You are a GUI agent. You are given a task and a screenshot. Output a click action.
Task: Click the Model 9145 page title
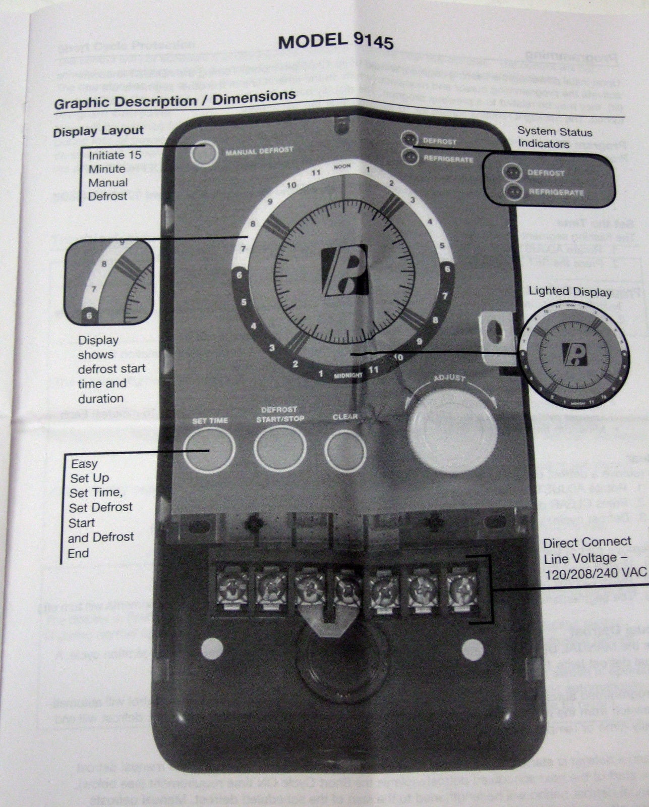[335, 40]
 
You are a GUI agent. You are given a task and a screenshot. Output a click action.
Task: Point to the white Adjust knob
[452, 427]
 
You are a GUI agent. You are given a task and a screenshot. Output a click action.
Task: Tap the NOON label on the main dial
[342, 167]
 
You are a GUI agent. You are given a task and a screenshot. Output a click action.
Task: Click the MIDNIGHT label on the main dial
[347, 375]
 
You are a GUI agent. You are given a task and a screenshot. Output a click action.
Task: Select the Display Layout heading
[98, 131]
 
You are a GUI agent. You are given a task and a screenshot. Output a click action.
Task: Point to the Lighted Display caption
[570, 291]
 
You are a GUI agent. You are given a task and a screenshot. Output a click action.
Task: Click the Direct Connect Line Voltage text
[588, 557]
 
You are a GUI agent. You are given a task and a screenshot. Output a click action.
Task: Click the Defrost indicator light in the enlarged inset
[513, 172]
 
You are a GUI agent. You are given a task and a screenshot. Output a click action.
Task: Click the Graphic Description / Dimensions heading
[174, 99]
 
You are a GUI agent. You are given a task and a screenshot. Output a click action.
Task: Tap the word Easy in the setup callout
[84, 463]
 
